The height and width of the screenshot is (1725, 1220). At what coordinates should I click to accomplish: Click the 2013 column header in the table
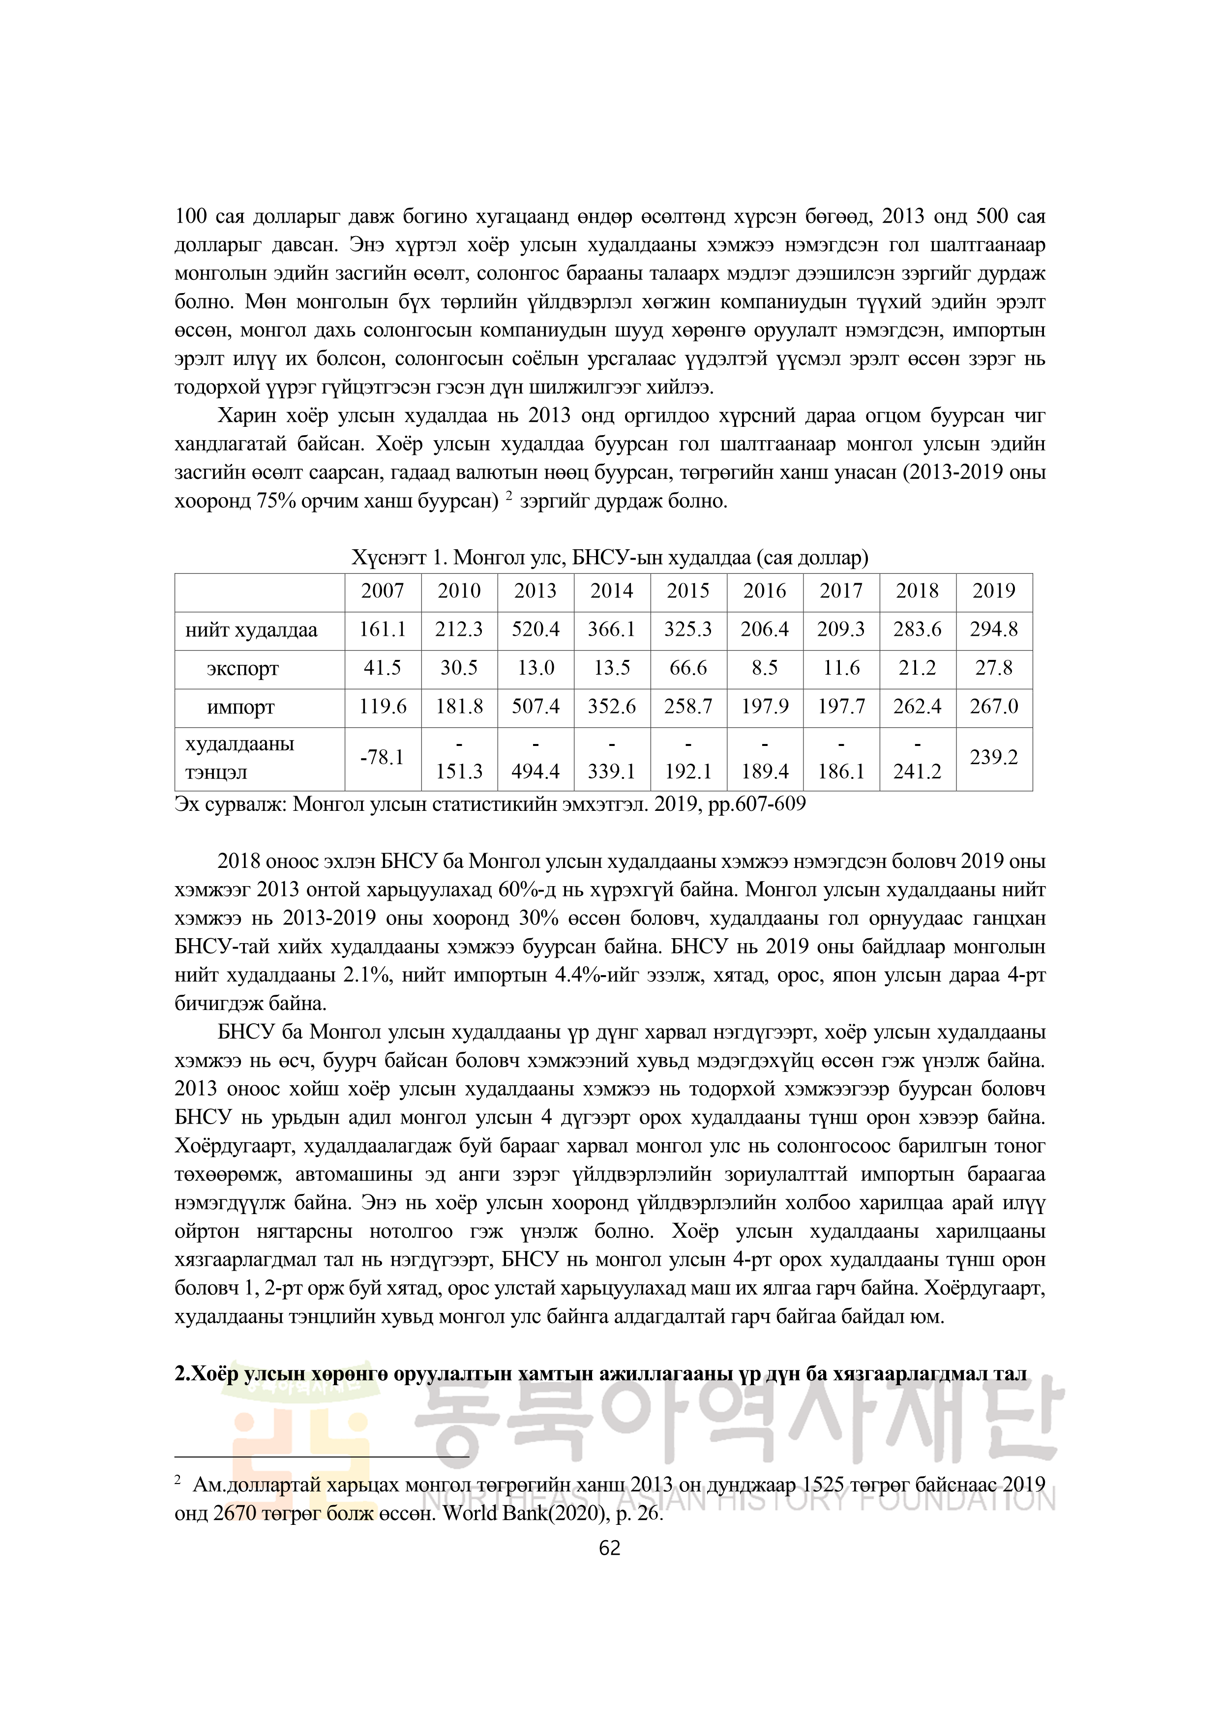tap(535, 591)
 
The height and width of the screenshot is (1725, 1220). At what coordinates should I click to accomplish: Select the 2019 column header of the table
tap(993, 591)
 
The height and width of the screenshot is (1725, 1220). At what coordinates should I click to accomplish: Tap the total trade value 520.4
tap(535, 629)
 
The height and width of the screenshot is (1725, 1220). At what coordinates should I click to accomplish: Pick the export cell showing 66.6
tap(687, 668)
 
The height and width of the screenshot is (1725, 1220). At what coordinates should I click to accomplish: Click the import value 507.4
tap(535, 707)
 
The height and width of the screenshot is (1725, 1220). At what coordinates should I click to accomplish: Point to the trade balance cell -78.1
tap(383, 757)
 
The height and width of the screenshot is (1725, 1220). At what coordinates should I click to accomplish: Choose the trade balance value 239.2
tap(993, 757)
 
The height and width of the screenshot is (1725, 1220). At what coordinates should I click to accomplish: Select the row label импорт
tap(241, 708)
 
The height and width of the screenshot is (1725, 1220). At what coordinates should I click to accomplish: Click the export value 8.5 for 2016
tap(764, 668)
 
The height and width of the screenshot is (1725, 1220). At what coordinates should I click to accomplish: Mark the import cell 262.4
tap(917, 707)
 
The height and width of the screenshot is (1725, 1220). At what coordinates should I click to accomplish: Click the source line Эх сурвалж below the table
tap(490, 804)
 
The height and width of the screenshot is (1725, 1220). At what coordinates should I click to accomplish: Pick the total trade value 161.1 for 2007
tap(383, 629)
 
